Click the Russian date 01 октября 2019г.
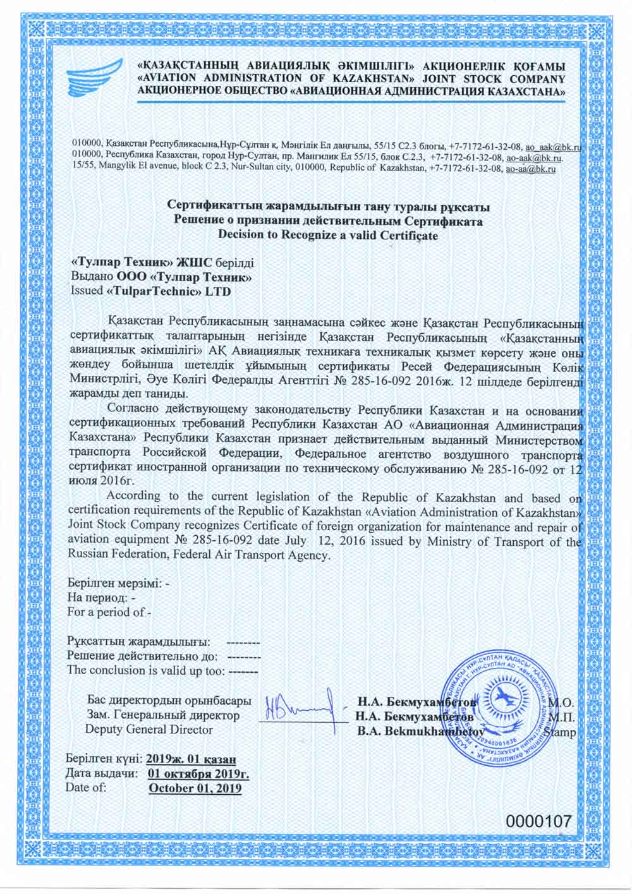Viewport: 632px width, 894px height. [198, 773]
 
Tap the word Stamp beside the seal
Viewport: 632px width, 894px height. [559, 732]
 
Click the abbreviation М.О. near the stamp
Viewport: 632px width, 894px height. [561, 703]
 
